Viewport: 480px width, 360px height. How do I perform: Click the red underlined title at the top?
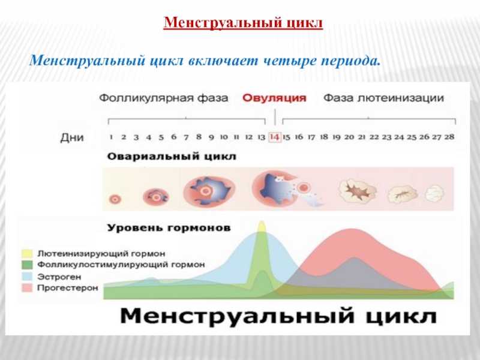[x=243, y=22]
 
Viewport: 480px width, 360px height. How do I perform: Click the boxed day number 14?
[x=275, y=137]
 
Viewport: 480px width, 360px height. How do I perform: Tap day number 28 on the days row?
[x=449, y=137]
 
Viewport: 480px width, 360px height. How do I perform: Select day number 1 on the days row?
[x=111, y=137]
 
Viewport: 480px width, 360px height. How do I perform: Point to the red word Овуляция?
[x=274, y=98]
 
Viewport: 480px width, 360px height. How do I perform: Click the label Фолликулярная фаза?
[x=163, y=98]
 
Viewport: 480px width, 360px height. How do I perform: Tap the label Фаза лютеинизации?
[x=383, y=98]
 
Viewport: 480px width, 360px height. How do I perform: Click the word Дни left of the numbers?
[x=72, y=137]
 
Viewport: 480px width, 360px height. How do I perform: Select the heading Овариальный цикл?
[x=172, y=157]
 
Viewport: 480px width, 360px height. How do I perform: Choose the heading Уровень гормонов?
[x=169, y=228]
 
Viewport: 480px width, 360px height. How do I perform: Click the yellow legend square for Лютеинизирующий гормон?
[x=27, y=253]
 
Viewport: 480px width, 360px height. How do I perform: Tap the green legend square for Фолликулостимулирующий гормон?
[x=27, y=265]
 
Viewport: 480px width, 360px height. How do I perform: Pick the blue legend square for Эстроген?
[x=27, y=277]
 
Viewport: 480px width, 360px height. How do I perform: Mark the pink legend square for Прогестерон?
[x=27, y=288]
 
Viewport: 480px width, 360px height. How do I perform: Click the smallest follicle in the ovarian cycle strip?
[x=115, y=199]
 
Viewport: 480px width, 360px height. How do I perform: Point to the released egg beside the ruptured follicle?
[x=304, y=187]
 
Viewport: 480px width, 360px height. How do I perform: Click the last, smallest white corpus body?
[x=434, y=193]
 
